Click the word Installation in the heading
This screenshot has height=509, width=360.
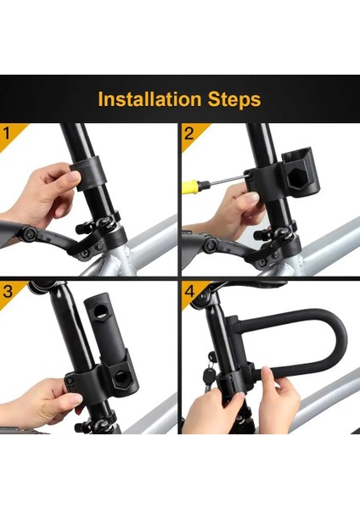pos(149,99)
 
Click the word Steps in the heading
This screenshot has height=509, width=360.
pos(234,100)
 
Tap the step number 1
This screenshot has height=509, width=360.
pos(7,133)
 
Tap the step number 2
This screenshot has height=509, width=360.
pos(188,133)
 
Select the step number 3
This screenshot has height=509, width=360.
pos(8,291)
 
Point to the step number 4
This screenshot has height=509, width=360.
pos(189,291)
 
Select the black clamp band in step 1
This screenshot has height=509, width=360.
pos(87,172)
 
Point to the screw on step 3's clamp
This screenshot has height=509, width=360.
pos(69,381)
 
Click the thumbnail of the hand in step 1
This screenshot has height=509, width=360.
pos(74,177)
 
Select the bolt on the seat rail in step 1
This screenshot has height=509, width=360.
pos(30,232)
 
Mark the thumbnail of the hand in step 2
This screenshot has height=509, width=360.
pos(252,197)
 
